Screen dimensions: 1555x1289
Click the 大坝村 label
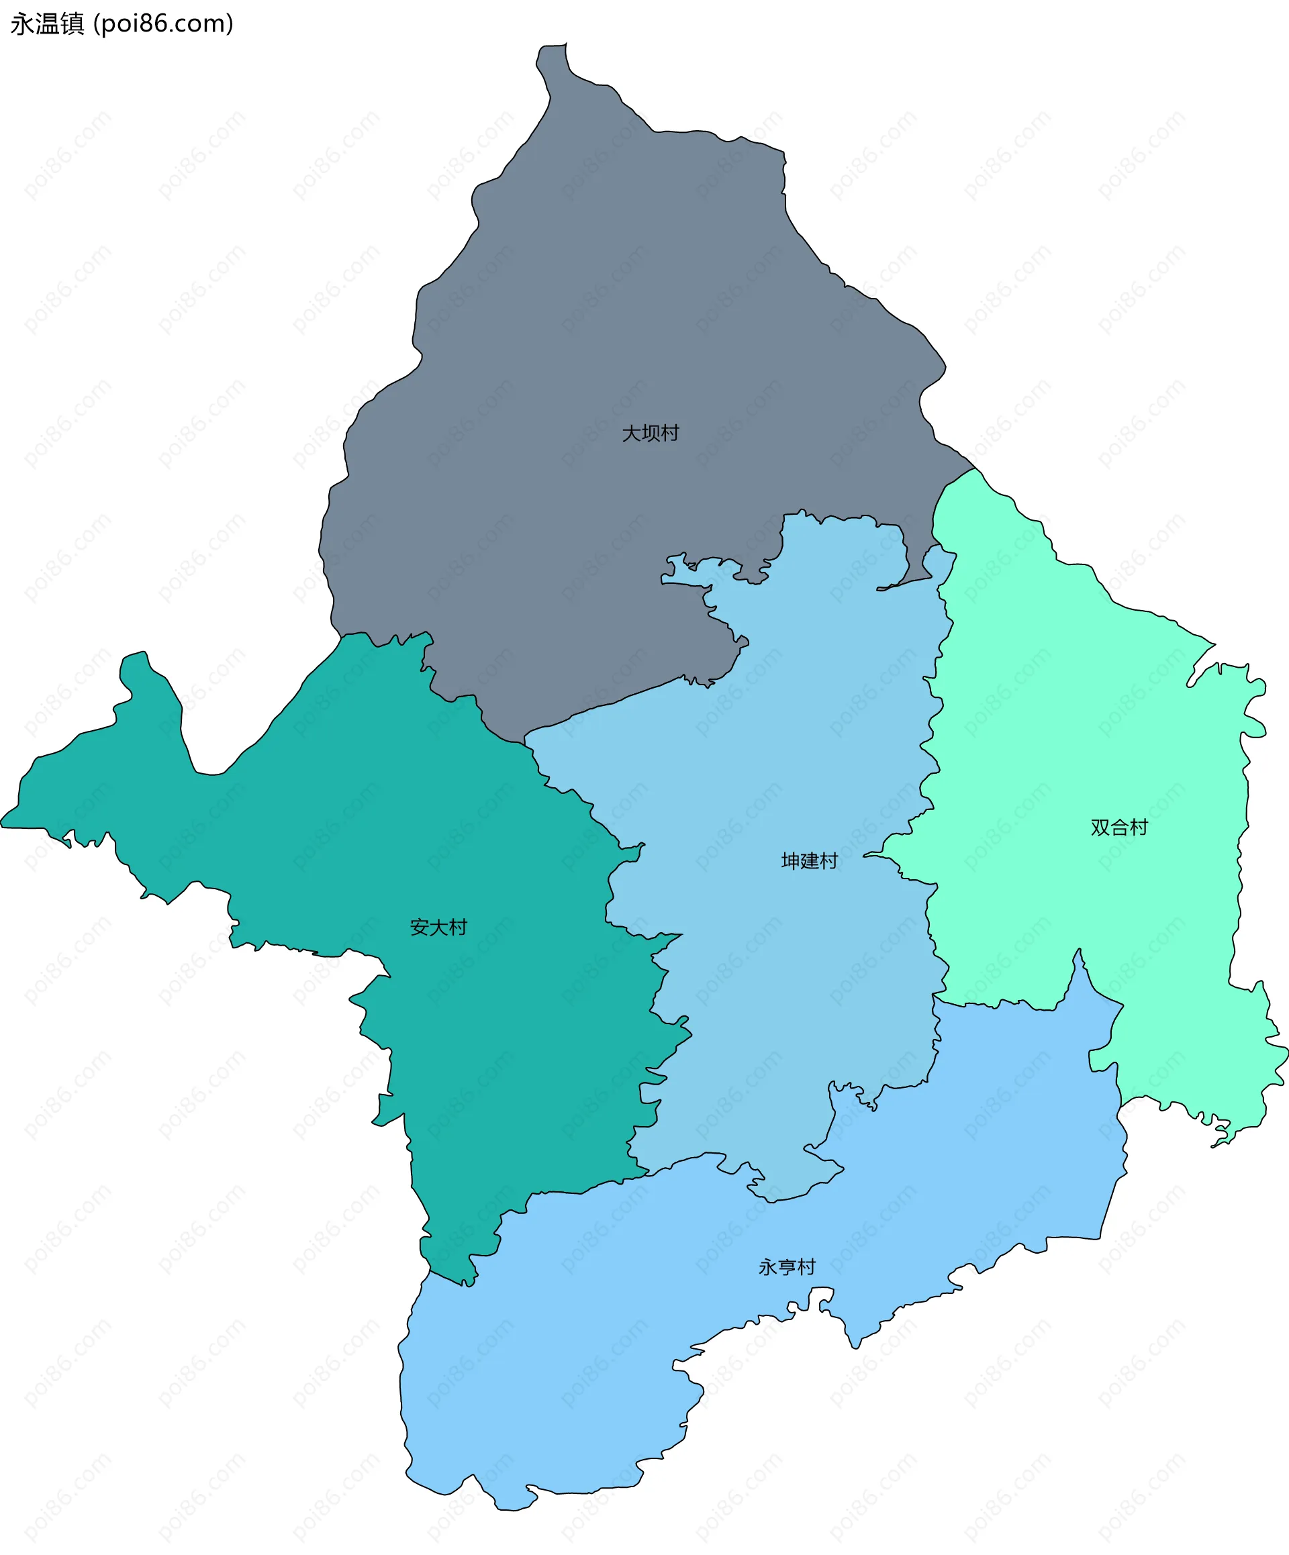(x=651, y=433)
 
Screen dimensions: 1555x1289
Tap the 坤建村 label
(x=809, y=861)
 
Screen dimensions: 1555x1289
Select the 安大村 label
(x=438, y=927)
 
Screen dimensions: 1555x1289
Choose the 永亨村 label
(x=787, y=1267)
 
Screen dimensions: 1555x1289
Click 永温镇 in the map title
(x=48, y=23)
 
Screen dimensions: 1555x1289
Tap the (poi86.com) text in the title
(x=163, y=23)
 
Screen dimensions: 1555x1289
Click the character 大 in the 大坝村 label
(x=631, y=433)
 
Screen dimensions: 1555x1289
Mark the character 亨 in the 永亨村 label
(x=787, y=1267)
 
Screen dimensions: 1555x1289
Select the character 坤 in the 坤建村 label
(x=790, y=861)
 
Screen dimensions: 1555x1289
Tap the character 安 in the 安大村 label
(x=420, y=927)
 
